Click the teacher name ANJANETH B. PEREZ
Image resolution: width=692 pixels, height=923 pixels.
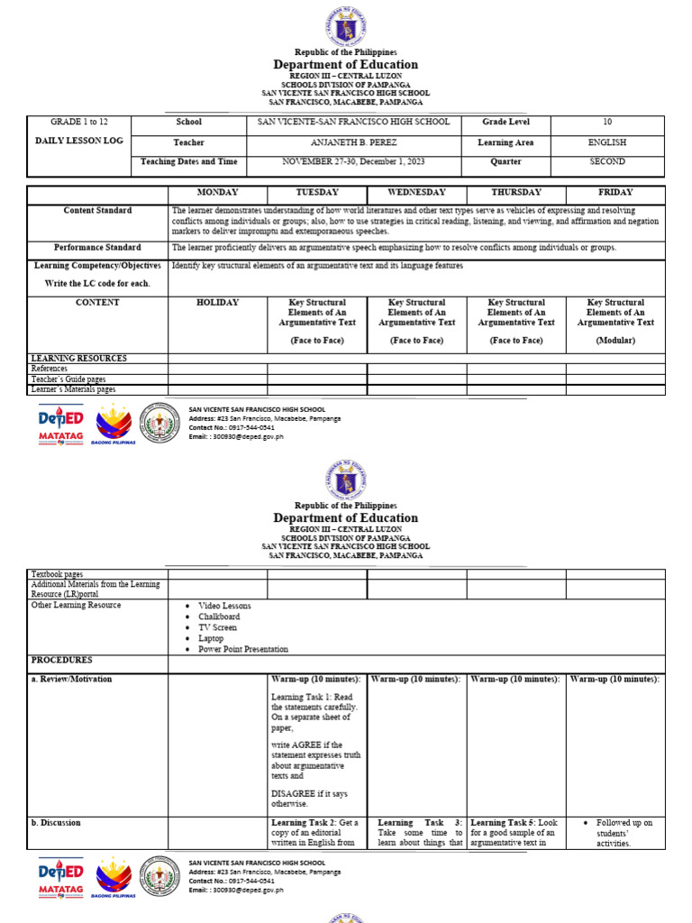[x=353, y=142]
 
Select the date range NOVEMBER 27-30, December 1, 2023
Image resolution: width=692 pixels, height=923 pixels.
[x=353, y=162]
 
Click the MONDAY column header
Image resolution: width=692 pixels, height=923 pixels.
[x=217, y=192]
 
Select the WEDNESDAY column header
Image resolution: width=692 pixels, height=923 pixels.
[x=416, y=192]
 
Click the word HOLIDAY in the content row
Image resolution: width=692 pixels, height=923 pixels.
[x=217, y=303]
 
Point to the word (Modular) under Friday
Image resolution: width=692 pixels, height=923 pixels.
[x=615, y=341]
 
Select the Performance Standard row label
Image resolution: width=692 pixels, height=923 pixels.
[x=97, y=247]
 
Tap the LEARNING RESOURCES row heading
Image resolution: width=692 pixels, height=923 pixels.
[x=79, y=359]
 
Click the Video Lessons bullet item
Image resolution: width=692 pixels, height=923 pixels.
[x=225, y=606]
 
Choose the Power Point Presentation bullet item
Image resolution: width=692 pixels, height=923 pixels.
[x=243, y=649]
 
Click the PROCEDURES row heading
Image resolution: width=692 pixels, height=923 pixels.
[x=62, y=660]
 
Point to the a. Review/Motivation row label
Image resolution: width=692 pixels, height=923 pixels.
[x=71, y=679]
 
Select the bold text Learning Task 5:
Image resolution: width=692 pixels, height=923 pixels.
[x=502, y=823]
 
